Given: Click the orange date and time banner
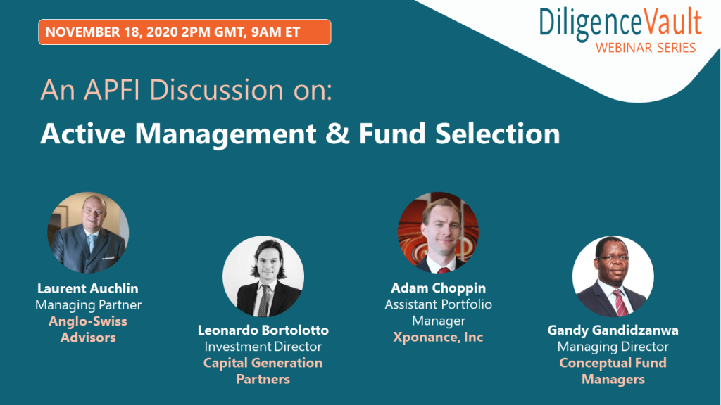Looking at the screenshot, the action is point(184,32).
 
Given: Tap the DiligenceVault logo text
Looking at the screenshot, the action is point(620,24).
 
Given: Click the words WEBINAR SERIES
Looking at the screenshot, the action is point(646,48).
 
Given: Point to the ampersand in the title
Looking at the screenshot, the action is point(337,134).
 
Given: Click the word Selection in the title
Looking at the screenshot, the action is point(498,134).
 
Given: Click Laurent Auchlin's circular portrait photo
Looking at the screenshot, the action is point(88,232).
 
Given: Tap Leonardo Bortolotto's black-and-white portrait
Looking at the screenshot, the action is point(263,276).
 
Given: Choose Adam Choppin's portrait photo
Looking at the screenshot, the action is point(438,232).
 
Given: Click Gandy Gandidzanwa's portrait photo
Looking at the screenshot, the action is point(613,276).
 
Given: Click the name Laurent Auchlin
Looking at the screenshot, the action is point(88,288).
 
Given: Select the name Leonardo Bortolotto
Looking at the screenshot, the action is point(263,330).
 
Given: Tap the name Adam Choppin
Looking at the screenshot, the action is point(438,288).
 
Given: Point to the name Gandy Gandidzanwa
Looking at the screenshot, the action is point(613,330).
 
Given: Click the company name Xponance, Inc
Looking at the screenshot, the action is point(438,337).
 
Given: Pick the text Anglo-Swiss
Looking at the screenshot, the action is point(88,321).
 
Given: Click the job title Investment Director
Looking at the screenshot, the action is point(263,346).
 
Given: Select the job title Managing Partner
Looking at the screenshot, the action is point(88,305).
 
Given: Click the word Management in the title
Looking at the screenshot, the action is point(225,134).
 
